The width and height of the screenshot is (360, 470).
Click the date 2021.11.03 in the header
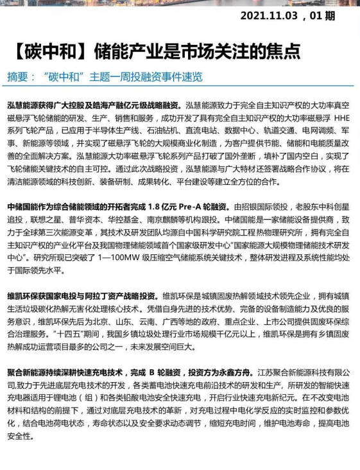[268, 14]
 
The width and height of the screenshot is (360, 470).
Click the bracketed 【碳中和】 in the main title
[47, 51]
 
